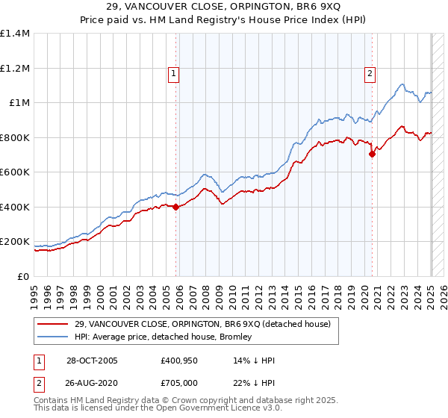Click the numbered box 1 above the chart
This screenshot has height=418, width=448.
point(173,73)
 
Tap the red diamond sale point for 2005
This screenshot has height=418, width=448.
point(176,208)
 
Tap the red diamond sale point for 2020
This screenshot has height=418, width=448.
point(373,155)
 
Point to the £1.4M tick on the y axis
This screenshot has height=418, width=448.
point(15,34)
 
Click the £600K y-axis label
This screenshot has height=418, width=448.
point(16,172)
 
